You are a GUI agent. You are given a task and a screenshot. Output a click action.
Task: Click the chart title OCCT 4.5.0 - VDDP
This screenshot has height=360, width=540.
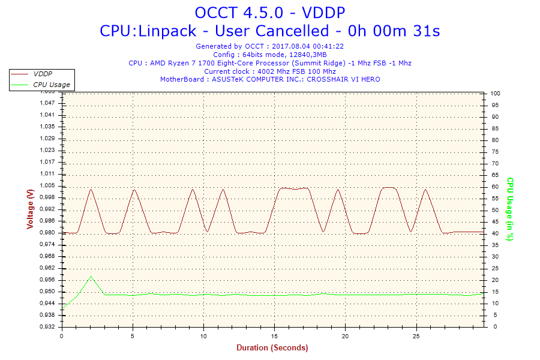(270, 12)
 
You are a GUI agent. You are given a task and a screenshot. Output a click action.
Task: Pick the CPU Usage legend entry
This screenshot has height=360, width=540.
(51, 85)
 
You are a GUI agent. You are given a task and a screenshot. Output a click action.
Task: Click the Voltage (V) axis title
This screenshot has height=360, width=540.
(30, 209)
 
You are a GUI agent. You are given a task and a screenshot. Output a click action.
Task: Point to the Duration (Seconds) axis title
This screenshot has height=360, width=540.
(272, 348)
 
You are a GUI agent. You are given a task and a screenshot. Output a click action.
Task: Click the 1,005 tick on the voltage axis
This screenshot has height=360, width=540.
(47, 185)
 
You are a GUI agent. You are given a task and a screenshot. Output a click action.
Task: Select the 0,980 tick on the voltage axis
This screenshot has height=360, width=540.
(47, 233)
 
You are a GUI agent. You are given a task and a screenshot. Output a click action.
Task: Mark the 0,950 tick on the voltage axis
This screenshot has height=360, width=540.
(47, 292)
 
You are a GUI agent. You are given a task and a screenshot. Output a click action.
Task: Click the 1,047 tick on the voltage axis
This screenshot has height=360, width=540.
(47, 103)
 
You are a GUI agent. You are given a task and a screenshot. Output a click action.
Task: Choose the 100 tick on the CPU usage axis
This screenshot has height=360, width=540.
(496, 94)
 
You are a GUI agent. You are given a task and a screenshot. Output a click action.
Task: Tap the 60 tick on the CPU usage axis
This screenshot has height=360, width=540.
(494, 187)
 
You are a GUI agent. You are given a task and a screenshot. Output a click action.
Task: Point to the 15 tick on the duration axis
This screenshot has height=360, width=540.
(274, 336)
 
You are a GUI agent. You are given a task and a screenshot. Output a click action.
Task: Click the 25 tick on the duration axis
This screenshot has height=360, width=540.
(416, 336)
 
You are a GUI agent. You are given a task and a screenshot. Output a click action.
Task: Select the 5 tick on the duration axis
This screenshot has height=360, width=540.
(133, 336)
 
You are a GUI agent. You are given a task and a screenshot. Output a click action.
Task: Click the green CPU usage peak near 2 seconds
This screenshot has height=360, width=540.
(91, 277)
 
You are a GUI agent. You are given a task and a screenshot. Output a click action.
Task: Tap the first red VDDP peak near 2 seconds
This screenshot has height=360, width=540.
(91, 190)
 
